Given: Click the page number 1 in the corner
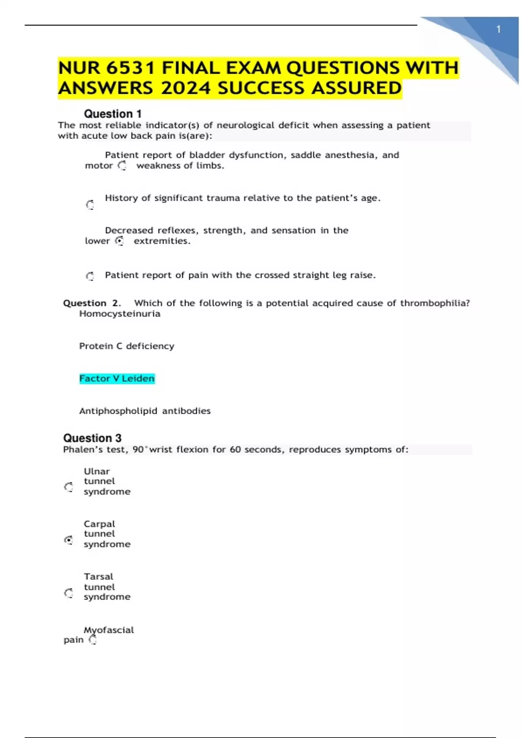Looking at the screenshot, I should pyautogui.click(x=498, y=30).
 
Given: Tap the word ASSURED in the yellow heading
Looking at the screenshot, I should pyautogui.click(x=356, y=89).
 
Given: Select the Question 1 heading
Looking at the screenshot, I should pyautogui.click(x=113, y=114).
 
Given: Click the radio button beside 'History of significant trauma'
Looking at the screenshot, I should pyautogui.click(x=90, y=204).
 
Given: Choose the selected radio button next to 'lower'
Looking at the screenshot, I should pyautogui.click(x=120, y=241).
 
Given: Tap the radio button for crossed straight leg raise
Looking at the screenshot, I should pyautogui.click(x=90, y=276).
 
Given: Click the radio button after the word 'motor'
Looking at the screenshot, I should pyautogui.click(x=122, y=165).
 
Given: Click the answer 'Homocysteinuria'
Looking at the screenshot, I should pyautogui.click(x=120, y=314).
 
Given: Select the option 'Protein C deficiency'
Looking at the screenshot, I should pyautogui.click(x=127, y=346).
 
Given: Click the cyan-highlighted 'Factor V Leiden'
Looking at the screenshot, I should pyautogui.click(x=117, y=379).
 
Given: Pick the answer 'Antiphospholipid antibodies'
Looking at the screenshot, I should pyautogui.click(x=145, y=411).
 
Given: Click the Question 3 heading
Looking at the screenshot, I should pyautogui.click(x=92, y=438).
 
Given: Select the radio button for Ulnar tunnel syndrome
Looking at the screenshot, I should pyautogui.click(x=69, y=487).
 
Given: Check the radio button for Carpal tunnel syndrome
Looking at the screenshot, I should pyautogui.click(x=69, y=540).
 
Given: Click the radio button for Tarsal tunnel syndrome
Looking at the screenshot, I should pyautogui.click(x=69, y=593).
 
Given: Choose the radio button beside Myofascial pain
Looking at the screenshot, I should pyautogui.click(x=92, y=640).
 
